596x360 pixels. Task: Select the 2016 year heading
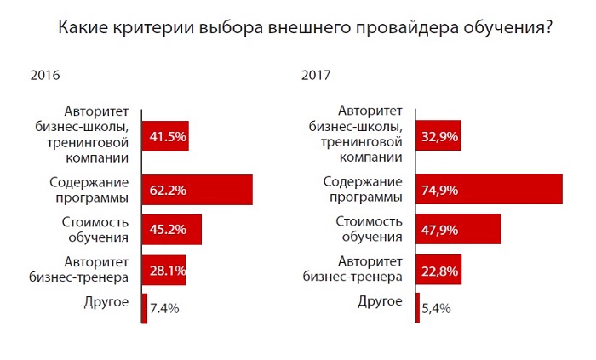pos(43,75)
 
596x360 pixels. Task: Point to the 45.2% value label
pos(169,231)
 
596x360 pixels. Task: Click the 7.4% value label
pos(163,308)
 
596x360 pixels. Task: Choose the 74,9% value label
pos(439,190)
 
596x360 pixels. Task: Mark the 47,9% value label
pos(439,231)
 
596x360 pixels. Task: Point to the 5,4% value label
pos(435,308)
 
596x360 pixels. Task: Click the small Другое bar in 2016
pos(144,306)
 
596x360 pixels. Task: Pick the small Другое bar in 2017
pos(417,306)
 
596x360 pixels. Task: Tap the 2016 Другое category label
pos(106,301)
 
